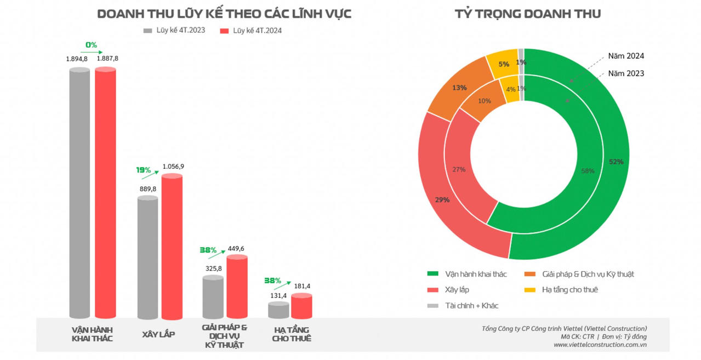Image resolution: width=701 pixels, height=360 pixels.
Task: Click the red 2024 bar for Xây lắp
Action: click(172, 247)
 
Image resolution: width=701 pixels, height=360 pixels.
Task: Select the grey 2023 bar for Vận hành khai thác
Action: click(79, 192)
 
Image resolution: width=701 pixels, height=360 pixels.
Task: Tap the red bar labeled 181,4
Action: click(301, 306)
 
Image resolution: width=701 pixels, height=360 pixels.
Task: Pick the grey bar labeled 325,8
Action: click(213, 296)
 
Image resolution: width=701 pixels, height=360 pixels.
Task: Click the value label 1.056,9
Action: click(174, 166)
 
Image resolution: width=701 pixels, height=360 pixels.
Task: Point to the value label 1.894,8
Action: click(77, 58)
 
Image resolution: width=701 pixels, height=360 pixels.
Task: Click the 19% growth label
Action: click(144, 170)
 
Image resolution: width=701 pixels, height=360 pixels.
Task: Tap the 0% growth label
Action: click(91, 44)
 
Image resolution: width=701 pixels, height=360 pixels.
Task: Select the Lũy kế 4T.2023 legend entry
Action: click(174, 30)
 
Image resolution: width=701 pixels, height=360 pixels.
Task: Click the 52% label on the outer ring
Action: click(615, 162)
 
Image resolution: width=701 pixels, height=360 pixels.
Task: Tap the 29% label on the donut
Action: click(442, 199)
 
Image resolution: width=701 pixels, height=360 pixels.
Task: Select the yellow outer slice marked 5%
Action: click(503, 64)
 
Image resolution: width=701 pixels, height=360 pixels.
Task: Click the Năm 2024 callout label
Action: click(626, 56)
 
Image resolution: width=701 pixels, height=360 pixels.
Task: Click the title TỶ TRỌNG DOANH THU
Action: click(527, 14)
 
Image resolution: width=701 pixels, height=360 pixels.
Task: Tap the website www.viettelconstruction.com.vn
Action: click(600, 345)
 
